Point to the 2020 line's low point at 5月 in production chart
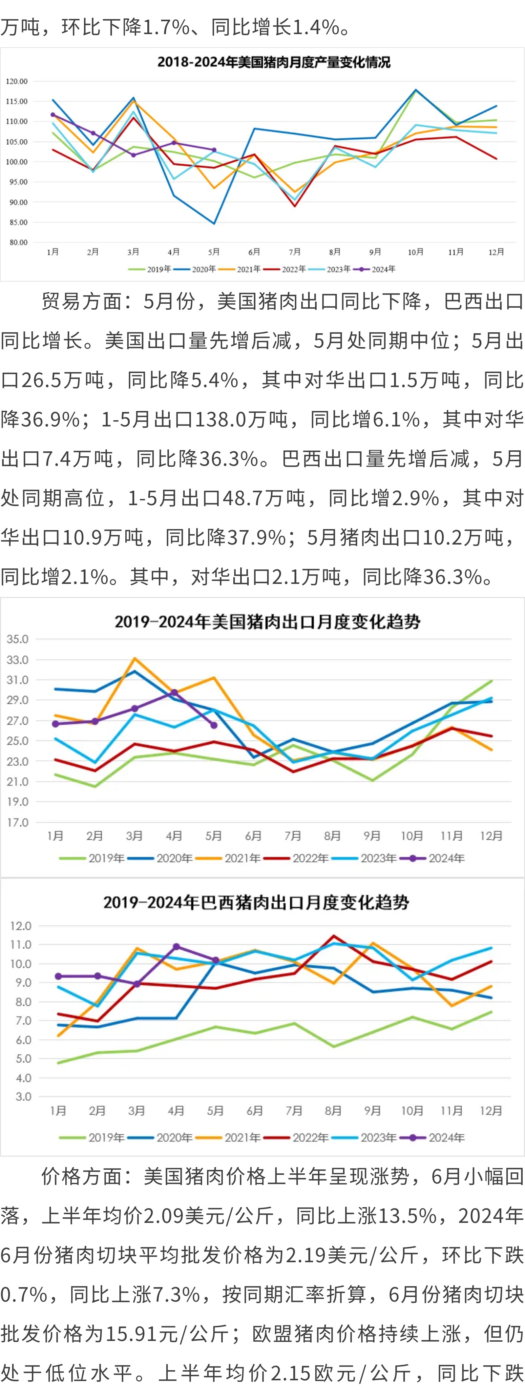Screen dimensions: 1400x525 pyautogui.click(x=214, y=223)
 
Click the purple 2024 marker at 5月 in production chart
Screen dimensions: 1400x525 pyautogui.click(x=214, y=150)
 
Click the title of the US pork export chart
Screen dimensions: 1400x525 pyautogui.click(x=267, y=622)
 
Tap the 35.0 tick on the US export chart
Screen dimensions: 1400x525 pyautogui.click(x=17, y=639)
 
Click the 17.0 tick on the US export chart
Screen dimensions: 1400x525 pyautogui.click(x=17, y=822)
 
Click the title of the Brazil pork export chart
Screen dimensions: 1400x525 pyautogui.click(x=256, y=903)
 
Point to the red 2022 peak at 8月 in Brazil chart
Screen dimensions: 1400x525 pyautogui.click(x=333, y=936)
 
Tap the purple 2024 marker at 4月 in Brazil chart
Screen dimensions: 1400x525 pyautogui.click(x=176, y=947)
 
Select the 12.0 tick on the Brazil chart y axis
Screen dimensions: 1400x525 pyautogui.click(x=21, y=926)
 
